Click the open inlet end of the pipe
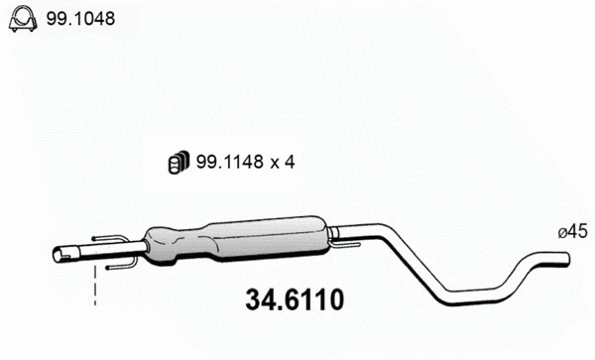pyautogui.click(x=58, y=255)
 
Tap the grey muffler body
pyautogui.click(x=238, y=241)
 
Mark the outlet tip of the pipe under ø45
pyautogui.click(x=566, y=260)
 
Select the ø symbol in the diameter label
pyautogui.click(x=562, y=232)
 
